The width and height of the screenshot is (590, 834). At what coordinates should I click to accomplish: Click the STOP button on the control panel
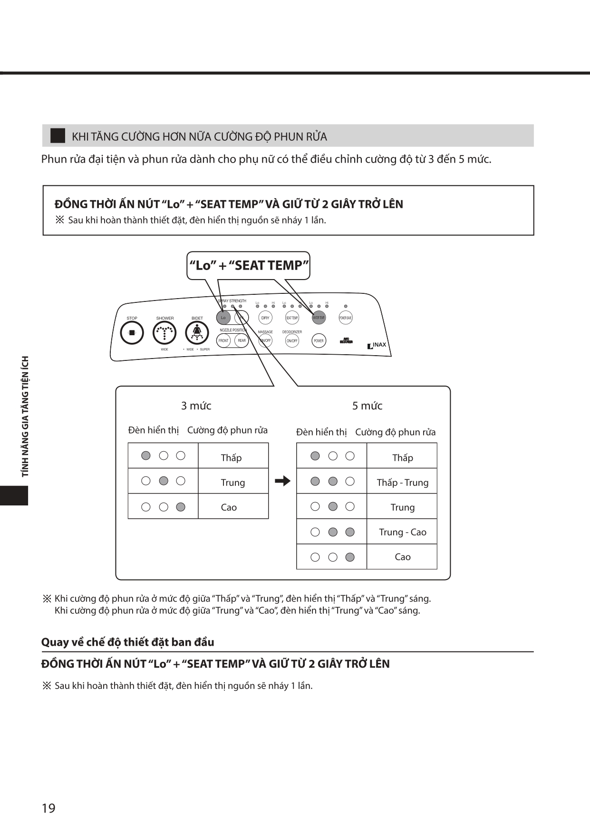[132, 333]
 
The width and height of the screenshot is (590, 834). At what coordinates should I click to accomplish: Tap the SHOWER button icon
[164, 333]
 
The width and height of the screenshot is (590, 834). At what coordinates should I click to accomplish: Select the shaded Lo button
[223, 318]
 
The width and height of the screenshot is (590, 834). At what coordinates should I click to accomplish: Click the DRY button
[265, 318]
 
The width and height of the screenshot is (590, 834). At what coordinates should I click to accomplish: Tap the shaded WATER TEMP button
[319, 318]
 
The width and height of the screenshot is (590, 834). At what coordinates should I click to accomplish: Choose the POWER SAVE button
[346, 318]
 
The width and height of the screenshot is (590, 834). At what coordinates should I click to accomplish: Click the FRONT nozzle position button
[223, 340]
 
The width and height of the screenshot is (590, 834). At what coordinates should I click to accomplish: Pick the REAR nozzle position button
[242, 340]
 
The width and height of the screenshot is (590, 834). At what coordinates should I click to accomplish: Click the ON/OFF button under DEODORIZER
[292, 340]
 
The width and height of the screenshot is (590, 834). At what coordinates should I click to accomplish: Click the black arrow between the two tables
[282, 481]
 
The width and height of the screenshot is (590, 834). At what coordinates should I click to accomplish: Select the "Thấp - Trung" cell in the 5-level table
[402, 483]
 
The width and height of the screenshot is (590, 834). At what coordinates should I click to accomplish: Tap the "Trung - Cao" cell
[402, 532]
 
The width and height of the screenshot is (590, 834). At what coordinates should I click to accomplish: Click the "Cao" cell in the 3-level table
[233, 507]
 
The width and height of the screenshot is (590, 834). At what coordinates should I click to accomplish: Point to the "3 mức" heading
[196, 406]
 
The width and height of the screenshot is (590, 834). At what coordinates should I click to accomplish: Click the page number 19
[48, 808]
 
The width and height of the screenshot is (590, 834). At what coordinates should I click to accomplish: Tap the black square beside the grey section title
[58, 136]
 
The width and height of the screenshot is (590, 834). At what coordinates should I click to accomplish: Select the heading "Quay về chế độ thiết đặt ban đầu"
[127, 642]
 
